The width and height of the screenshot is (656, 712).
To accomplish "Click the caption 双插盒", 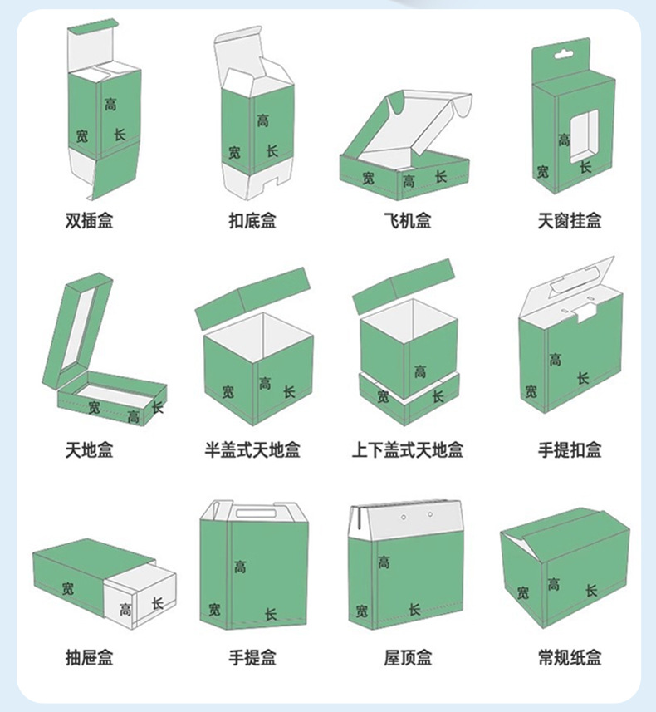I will click(x=89, y=221).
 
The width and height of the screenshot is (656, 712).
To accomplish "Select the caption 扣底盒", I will click(x=252, y=221).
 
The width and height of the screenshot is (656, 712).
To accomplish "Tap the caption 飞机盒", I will click(x=407, y=221).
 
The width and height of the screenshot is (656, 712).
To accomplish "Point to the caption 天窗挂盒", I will click(x=570, y=221).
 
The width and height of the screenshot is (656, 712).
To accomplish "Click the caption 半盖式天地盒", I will click(x=252, y=450).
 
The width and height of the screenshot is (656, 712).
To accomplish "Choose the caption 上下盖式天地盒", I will click(x=407, y=450).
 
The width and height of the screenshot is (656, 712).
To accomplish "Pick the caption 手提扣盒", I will click(x=570, y=450).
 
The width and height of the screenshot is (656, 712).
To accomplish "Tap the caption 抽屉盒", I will click(x=89, y=658).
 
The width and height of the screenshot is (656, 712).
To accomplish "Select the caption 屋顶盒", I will click(x=407, y=658).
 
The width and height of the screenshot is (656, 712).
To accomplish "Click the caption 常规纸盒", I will click(x=570, y=658).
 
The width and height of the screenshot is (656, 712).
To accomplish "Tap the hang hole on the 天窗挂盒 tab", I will click(x=564, y=54).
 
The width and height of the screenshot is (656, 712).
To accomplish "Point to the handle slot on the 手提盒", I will click(x=255, y=513).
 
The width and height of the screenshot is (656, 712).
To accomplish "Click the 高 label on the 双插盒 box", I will click(x=110, y=105).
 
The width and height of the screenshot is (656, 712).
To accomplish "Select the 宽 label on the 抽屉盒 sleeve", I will click(x=67, y=588).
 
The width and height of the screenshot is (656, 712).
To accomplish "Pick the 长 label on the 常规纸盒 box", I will click(x=590, y=590).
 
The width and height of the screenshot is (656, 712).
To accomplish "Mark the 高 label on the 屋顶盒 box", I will click(x=384, y=562).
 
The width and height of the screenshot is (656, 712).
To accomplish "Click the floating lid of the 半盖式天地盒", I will click(x=253, y=296).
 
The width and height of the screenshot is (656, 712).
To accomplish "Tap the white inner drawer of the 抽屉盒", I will click(x=141, y=595).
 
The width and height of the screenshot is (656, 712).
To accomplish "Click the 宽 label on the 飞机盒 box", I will click(x=368, y=178).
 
